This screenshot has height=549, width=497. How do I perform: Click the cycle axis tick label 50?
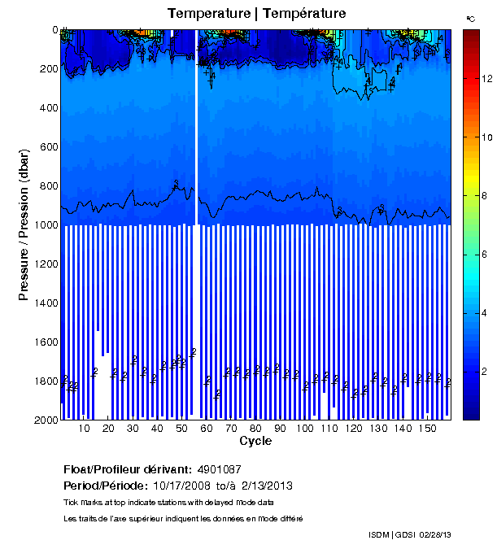point(182,429)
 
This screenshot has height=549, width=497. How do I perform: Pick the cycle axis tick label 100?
point(305,429)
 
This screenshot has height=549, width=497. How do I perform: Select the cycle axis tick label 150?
point(427,429)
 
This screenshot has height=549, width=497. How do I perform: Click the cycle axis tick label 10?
point(85,429)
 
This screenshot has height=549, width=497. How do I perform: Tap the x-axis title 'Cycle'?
point(255,441)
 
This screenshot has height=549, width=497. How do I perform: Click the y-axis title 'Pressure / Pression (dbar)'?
point(24,225)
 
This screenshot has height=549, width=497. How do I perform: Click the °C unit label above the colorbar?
point(470,18)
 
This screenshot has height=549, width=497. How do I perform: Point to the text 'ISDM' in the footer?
point(380,534)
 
